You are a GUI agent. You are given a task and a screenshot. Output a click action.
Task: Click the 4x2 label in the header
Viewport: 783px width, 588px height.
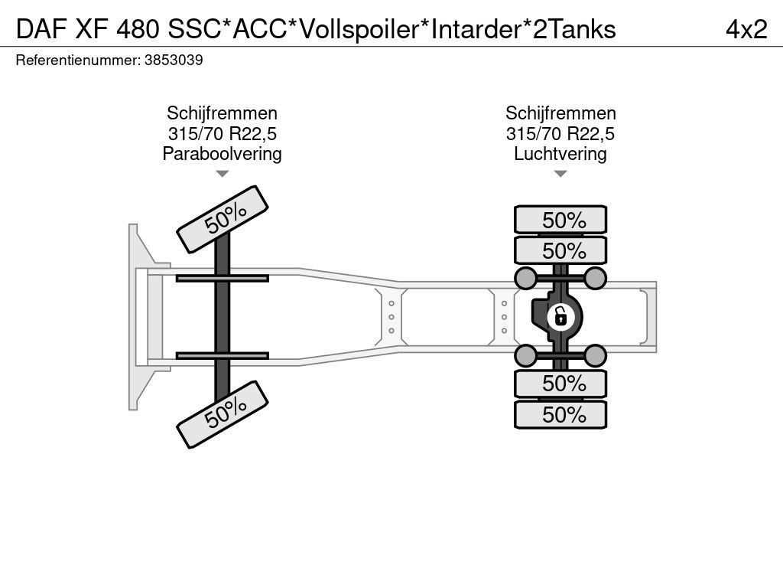point(746,28)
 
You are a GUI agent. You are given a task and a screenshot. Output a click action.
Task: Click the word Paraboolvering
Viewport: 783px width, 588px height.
point(222,154)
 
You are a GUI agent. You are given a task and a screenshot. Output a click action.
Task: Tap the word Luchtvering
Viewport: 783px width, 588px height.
point(560,154)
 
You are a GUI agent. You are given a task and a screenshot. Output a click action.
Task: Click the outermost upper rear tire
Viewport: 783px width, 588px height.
point(560,220)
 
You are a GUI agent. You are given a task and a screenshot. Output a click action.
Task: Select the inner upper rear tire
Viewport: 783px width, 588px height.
point(560,250)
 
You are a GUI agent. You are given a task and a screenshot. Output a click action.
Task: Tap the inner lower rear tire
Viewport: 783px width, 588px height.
point(560,384)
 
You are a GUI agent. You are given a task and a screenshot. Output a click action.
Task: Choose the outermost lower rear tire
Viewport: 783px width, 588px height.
point(560,415)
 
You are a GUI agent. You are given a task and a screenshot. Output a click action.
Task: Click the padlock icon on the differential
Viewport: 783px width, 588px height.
point(560,315)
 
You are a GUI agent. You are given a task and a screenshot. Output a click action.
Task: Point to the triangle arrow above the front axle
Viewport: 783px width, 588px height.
point(222,175)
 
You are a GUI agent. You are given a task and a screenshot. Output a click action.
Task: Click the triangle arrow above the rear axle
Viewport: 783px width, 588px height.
point(560,175)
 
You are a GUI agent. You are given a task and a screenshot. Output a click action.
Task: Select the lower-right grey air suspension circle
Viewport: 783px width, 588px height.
point(596,354)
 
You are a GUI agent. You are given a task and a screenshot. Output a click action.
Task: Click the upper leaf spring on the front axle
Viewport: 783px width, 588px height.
point(222,278)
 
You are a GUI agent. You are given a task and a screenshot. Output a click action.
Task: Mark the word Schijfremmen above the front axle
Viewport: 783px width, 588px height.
point(222,113)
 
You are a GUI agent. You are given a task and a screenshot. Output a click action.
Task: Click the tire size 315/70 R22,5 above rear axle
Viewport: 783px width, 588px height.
point(560,134)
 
